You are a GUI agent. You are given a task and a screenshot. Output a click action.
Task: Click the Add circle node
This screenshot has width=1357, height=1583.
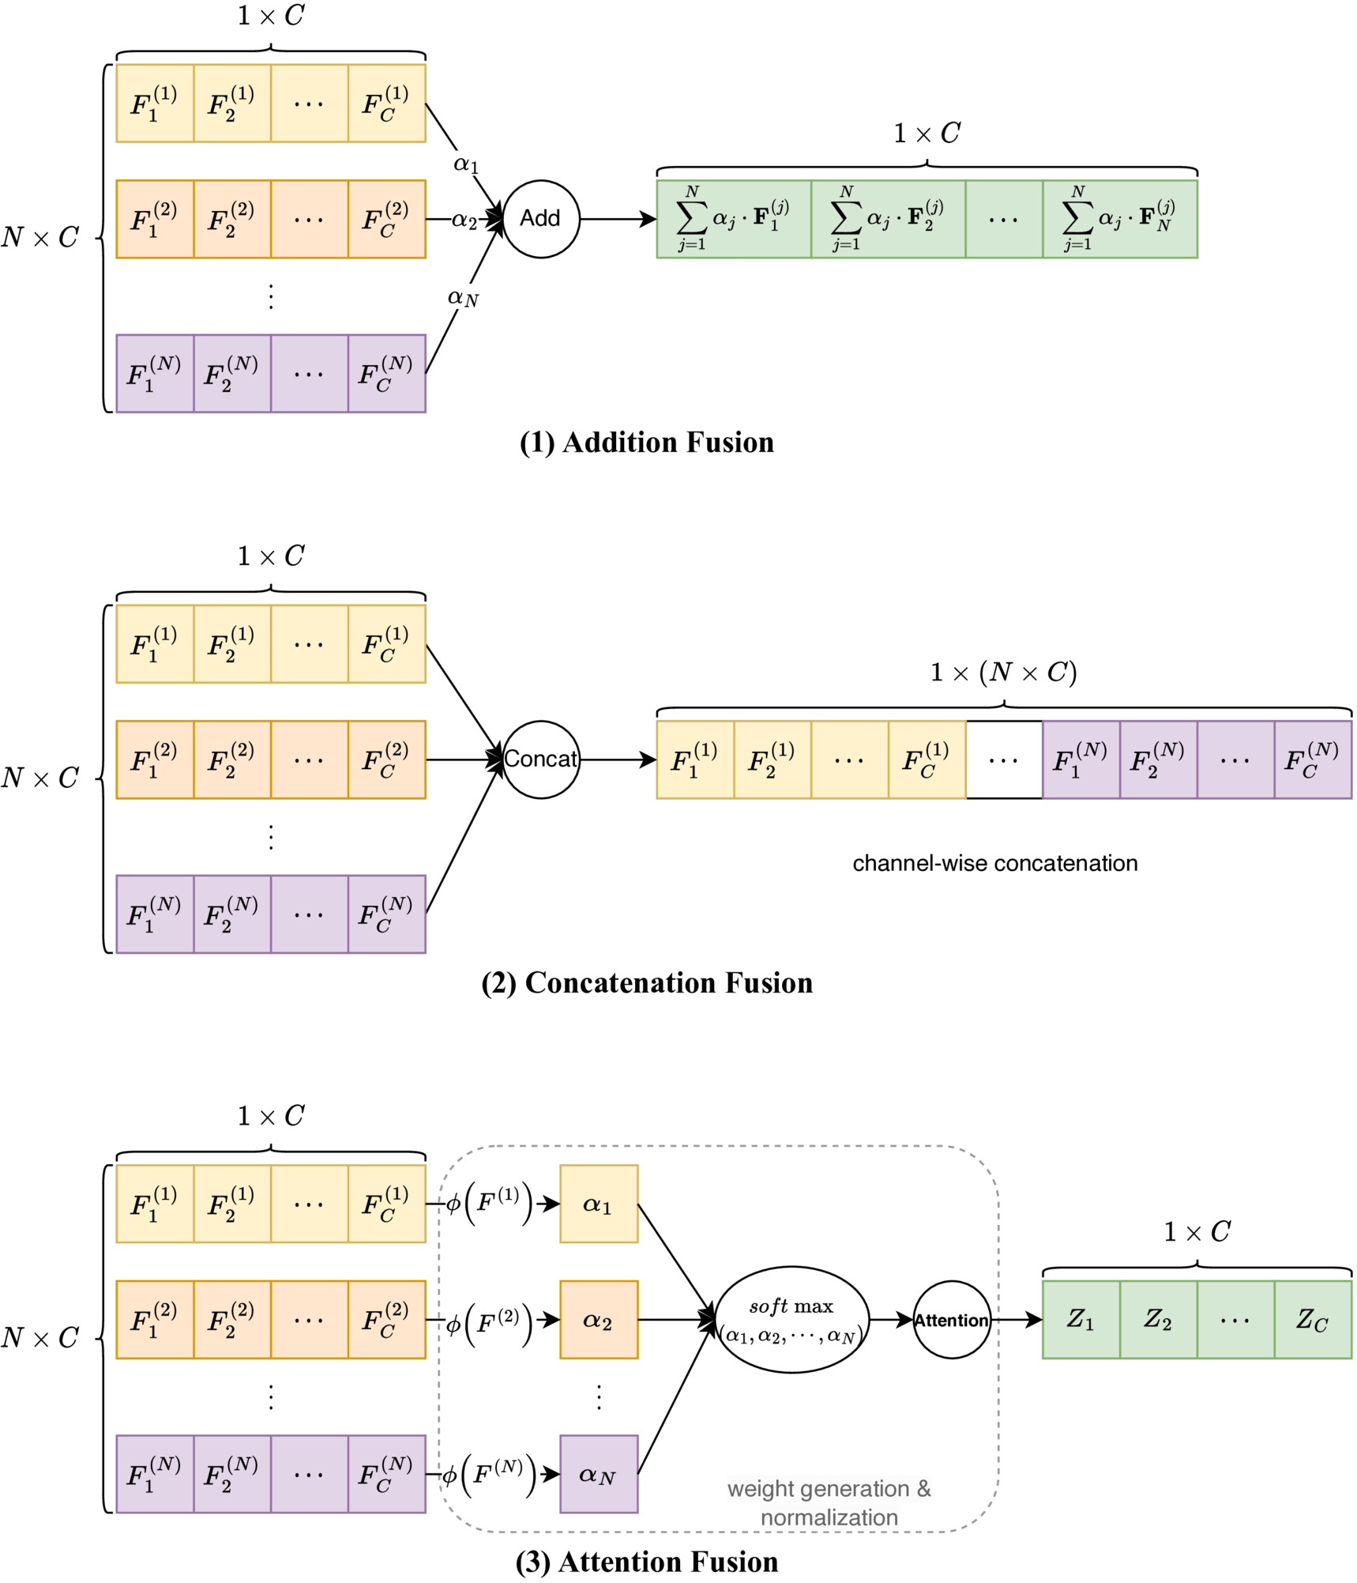541,219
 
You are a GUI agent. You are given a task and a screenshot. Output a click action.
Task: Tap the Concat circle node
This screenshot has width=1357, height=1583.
541,759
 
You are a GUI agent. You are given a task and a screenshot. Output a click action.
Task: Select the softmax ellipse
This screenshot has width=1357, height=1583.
791,1319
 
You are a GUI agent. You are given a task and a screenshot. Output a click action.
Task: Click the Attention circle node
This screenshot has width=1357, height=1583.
952,1319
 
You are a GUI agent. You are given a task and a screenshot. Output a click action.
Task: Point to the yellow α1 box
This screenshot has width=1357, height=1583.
599,1204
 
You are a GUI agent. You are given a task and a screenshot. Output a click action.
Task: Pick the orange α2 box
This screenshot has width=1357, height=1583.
599,1319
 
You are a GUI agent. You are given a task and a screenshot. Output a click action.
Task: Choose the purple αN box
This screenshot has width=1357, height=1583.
599,1473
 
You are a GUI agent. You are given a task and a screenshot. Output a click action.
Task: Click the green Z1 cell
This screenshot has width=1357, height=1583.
1081,1319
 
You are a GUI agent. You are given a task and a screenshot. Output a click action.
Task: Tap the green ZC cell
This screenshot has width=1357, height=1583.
1313,1319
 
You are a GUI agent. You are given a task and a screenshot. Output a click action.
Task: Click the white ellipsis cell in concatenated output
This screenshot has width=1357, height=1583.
1004,759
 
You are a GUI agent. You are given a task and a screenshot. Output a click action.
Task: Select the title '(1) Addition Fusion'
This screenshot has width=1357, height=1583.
646,443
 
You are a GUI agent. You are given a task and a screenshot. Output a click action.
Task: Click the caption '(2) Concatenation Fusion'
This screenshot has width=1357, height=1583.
646,982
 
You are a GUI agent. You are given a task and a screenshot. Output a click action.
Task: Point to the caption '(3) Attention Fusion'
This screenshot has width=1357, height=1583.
646,1562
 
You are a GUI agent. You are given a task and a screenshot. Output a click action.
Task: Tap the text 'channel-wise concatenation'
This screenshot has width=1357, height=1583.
994,863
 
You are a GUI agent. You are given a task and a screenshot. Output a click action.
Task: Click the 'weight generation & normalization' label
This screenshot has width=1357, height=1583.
829,1502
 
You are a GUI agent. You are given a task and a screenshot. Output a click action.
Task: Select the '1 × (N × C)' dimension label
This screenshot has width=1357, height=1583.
1003,673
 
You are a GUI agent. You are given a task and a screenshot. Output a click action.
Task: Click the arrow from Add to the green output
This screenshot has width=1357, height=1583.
618,219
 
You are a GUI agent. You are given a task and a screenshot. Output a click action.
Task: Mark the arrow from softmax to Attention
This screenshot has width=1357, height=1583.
891,1319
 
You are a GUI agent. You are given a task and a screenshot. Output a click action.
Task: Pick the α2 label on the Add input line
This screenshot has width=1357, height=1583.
464,220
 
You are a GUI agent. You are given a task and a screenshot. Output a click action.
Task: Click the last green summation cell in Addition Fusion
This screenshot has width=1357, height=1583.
1119,219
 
